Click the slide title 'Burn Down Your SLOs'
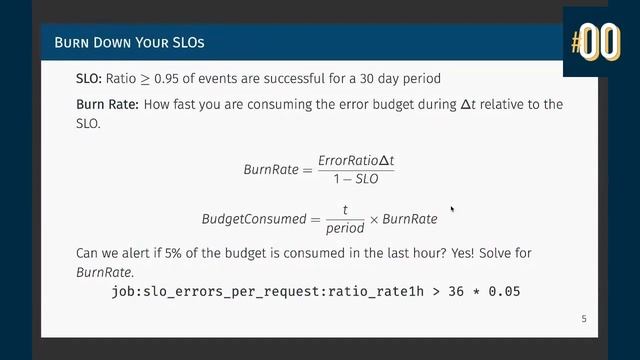point(131,44)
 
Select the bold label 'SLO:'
point(92,78)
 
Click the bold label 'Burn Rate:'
point(110,104)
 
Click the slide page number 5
point(584,319)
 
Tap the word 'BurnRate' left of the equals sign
point(271,169)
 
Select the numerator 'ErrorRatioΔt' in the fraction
point(356,160)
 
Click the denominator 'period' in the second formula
point(345,228)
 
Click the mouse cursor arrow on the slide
point(453,210)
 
